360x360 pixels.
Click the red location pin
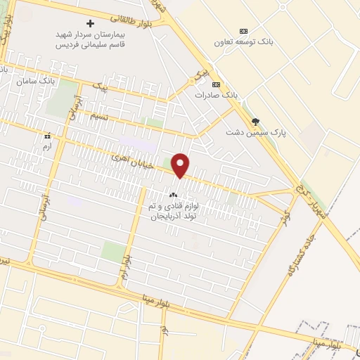(x=181, y=165)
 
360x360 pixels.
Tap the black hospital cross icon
(x=90, y=23)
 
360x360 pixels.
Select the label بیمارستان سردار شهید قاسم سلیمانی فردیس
(x=90, y=38)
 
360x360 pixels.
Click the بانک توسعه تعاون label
(x=243, y=41)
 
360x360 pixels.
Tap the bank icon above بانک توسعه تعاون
(x=243, y=31)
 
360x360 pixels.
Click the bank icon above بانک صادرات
(x=215, y=84)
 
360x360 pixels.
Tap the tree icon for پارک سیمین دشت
(x=255, y=121)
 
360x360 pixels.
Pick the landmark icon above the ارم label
(x=47, y=136)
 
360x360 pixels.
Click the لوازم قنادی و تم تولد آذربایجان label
(x=174, y=212)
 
